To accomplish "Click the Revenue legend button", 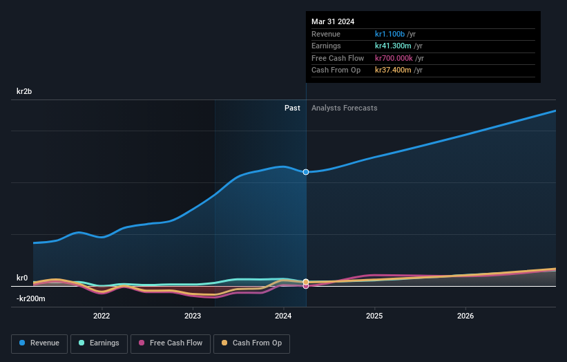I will pyautogui.click(x=39, y=343).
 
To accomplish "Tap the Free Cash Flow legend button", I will pyautogui.click(x=169, y=343).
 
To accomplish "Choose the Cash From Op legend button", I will pyautogui.click(x=252, y=343).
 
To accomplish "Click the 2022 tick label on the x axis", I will pyautogui.click(x=102, y=316).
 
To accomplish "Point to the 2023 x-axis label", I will pyautogui.click(x=193, y=316).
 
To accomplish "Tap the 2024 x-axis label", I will pyautogui.click(x=283, y=316).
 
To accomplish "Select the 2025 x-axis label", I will pyautogui.click(x=374, y=316).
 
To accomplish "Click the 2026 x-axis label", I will pyautogui.click(x=465, y=316).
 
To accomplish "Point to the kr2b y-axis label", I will pyautogui.click(x=26, y=91).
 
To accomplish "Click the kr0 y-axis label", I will pyautogui.click(x=22, y=278).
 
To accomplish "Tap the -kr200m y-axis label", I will pyautogui.click(x=30, y=298).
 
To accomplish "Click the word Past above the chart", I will pyautogui.click(x=292, y=108).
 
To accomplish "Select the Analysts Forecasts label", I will pyautogui.click(x=344, y=108).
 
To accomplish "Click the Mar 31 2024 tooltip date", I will pyautogui.click(x=333, y=21).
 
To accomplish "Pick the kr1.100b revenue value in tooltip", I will pyautogui.click(x=390, y=34).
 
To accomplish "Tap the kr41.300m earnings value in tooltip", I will pyautogui.click(x=392, y=46).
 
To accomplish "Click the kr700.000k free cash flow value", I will pyautogui.click(x=394, y=58).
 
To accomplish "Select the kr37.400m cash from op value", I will pyautogui.click(x=392, y=70).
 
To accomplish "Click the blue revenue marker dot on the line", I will pyautogui.click(x=306, y=172).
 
